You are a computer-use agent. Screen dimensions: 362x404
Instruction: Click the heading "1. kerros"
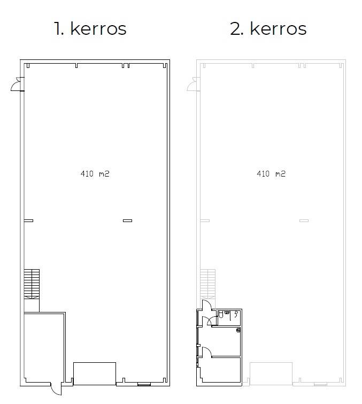pos(90,28)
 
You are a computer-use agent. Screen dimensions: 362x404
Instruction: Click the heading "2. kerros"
pos(268,28)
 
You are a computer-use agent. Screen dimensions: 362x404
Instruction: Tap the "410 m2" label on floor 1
pos(95,174)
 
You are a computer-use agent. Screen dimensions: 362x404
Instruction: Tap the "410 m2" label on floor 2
pos(271,174)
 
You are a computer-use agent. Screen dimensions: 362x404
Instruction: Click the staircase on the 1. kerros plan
pos(32,284)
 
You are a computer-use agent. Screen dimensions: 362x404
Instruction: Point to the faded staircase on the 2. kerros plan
pos(208,284)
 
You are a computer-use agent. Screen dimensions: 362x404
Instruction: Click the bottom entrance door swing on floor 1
pos(56,388)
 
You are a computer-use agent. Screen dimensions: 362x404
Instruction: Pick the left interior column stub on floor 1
pos(28,220)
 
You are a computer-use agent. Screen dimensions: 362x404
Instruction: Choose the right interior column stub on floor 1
pos(127,220)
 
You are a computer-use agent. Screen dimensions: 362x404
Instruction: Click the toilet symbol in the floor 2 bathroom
pos(221,315)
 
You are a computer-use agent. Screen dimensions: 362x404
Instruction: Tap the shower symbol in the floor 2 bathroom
pos(236,314)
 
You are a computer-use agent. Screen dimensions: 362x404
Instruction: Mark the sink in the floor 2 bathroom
pos(227,312)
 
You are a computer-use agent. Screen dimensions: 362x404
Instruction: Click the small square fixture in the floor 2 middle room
pos(238,330)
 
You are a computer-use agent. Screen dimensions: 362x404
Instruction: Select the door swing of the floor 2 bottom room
pos(207,352)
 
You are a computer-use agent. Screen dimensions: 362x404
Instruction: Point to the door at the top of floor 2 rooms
pos(207,305)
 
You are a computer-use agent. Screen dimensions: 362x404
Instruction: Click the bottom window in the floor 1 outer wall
pos(144,385)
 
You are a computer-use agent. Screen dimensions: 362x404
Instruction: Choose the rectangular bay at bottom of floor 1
pos(95,373)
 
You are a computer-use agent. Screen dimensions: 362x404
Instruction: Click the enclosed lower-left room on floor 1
pos(44,347)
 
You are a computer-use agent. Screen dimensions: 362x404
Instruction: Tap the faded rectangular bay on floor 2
pos(271,373)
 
